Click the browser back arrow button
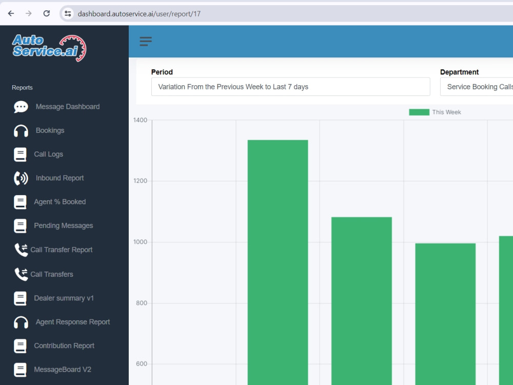(x=11, y=13)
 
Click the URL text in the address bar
(x=139, y=14)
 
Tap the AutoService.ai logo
(x=49, y=48)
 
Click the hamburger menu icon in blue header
(x=146, y=41)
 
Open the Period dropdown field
(x=290, y=87)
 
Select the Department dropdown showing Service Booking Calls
(x=477, y=87)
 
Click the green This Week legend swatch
(x=419, y=112)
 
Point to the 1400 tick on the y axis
(x=140, y=120)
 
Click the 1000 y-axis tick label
(x=140, y=242)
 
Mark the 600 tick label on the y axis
(x=142, y=364)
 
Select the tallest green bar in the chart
(x=278, y=262)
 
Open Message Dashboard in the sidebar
(x=68, y=107)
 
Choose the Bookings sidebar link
(x=50, y=130)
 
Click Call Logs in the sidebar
(x=48, y=154)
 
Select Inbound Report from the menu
(x=60, y=178)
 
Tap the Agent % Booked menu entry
(x=60, y=202)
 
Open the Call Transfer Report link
(x=62, y=250)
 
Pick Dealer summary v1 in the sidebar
(x=64, y=298)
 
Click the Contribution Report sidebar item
(x=64, y=345)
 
